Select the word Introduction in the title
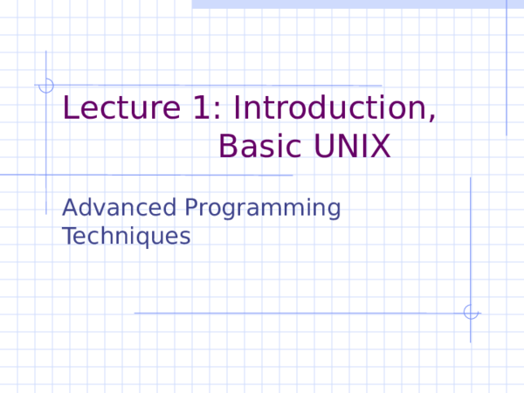(333, 108)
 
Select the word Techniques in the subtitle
(127, 236)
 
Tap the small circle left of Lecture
(46, 86)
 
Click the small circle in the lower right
(470, 312)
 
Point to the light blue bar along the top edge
(358, 4)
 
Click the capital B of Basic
(228, 146)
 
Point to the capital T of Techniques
(69, 235)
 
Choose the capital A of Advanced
(71, 208)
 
